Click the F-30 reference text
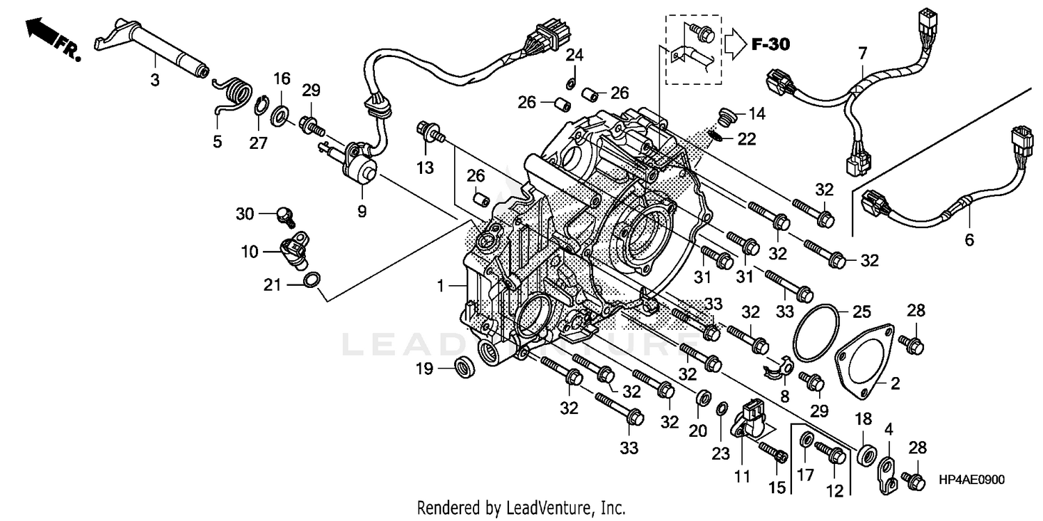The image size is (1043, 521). click(x=770, y=45)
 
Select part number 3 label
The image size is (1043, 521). click(x=155, y=81)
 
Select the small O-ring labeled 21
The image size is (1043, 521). click(x=313, y=280)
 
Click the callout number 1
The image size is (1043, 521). click(x=439, y=284)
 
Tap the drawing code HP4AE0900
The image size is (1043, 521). click(x=971, y=480)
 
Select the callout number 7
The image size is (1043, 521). click(x=862, y=53)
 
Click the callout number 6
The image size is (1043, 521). click(x=969, y=240)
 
